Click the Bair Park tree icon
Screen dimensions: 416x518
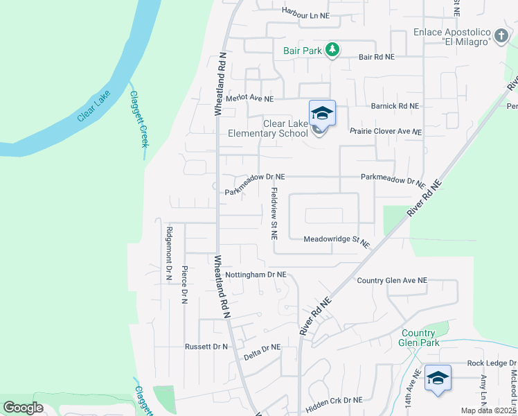click(x=333, y=49)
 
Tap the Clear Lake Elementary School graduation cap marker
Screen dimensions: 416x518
click(x=322, y=112)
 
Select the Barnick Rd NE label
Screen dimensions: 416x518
click(x=395, y=106)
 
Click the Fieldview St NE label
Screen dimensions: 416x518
click(x=274, y=214)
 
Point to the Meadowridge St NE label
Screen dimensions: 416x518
click(x=337, y=241)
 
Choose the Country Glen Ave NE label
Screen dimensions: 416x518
click(x=392, y=280)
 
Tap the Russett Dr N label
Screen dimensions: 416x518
click(x=206, y=346)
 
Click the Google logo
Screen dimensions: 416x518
click(x=23, y=408)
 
